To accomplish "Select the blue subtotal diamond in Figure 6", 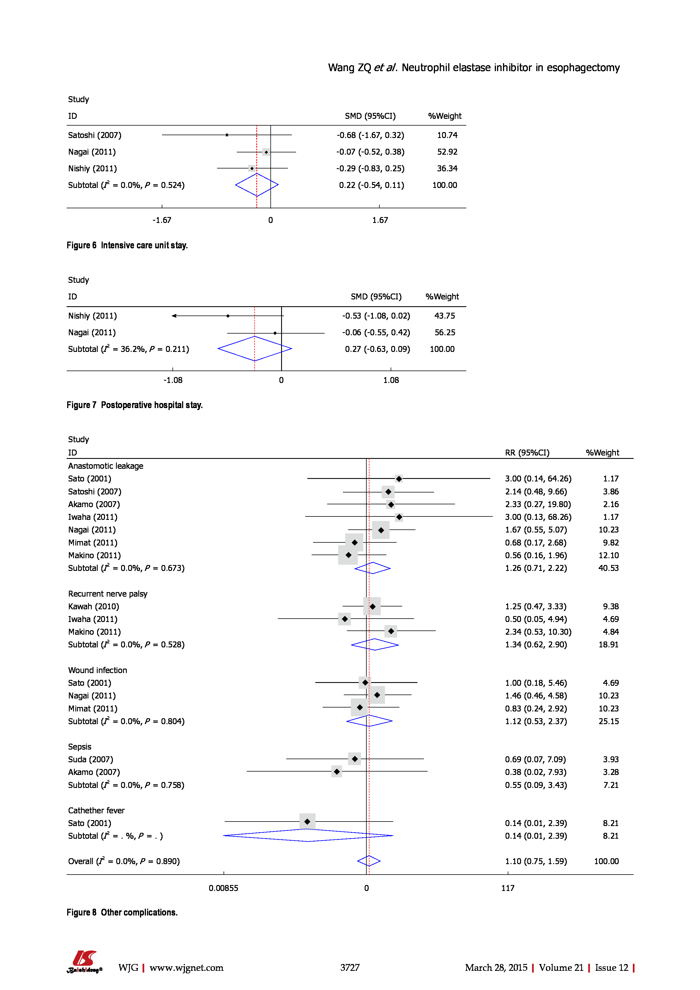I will [257, 185].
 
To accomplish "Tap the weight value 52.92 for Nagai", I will [447, 152].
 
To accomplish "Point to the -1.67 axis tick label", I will [162, 220].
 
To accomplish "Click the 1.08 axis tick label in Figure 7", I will [391, 380].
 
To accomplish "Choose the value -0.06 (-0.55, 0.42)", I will [376, 332].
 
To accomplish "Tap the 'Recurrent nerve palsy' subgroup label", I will [108, 594].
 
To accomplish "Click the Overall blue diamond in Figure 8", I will [369, 861].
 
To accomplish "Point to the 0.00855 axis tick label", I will [224, 888].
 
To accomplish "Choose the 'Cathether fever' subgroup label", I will [96, 811].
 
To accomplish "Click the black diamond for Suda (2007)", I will [355, 759].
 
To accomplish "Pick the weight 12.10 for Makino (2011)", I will [609, 555].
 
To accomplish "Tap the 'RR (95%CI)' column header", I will [527, 453].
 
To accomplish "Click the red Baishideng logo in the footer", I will [84, 961].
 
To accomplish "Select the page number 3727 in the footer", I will [350, 968].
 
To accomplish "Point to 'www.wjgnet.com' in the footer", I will [186, 968].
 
